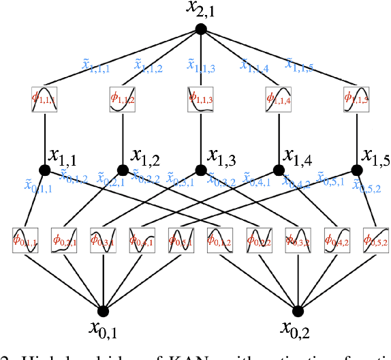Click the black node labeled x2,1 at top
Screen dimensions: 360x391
tap(200, 29)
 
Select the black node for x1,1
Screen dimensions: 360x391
tap(45, 170)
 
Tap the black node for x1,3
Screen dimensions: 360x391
tap(200, 170)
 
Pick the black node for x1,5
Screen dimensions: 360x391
tap(356, 170)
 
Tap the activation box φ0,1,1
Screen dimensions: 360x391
tap(26, 239)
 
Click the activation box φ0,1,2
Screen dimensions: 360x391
tap(220, 239)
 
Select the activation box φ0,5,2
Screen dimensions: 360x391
tap(375, 239)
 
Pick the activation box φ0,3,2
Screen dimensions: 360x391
tap(298, 239)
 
